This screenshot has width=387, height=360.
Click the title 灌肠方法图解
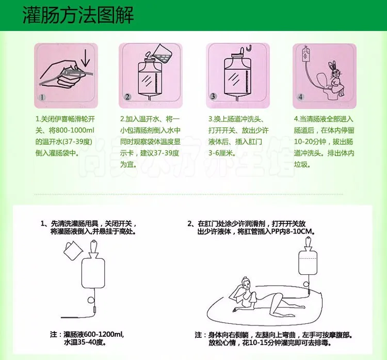[x=78, y=15]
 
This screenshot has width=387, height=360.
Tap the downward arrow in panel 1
[x=85, y=58]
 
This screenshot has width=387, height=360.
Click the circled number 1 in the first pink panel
[x=42, y=97]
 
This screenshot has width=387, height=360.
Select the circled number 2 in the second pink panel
[x=127, y=97]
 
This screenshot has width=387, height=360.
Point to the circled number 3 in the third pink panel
[x=213, y=96]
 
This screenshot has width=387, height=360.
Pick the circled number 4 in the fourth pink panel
[x=300, y=97]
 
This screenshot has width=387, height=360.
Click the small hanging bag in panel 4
[x=306, y=54]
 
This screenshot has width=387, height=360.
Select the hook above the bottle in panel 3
[x=249, y=48]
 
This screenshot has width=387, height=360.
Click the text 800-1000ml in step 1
[x=75, y=130]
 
